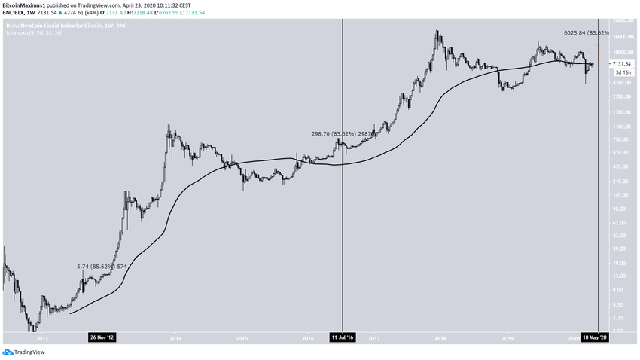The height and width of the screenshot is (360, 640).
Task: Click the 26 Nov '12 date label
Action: [102, 338]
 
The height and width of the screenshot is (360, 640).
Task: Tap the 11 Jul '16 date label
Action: [343, 338]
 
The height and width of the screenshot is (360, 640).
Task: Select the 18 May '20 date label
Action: [597, 338]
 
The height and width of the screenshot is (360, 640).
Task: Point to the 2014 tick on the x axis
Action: [176, 339]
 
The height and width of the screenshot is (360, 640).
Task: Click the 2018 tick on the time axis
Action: [441, 339]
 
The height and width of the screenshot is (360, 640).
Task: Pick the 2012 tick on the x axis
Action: [44, 339]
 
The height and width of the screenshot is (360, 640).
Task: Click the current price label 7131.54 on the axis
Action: [622, 64]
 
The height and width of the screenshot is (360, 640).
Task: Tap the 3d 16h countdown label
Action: [620, 72]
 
